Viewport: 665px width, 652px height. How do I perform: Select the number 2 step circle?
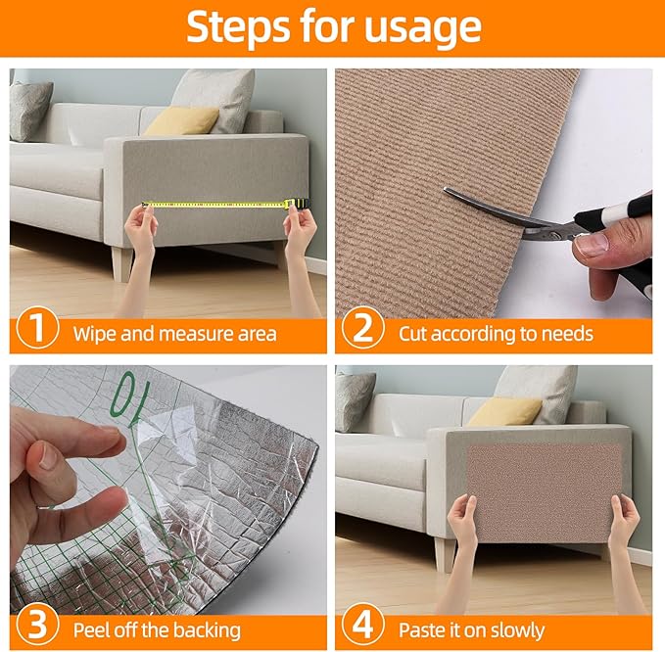(362, 331)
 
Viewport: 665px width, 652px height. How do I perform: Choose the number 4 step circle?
(362, 627)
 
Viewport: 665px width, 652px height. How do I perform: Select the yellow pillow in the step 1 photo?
(182, 121)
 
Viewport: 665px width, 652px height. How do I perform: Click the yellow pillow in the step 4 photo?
(503, 412)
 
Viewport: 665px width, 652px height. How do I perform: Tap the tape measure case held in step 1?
(293, 203)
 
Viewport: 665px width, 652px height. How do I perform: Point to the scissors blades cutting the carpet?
(495, 210)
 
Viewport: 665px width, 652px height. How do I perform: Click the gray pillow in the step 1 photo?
(30, 110)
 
